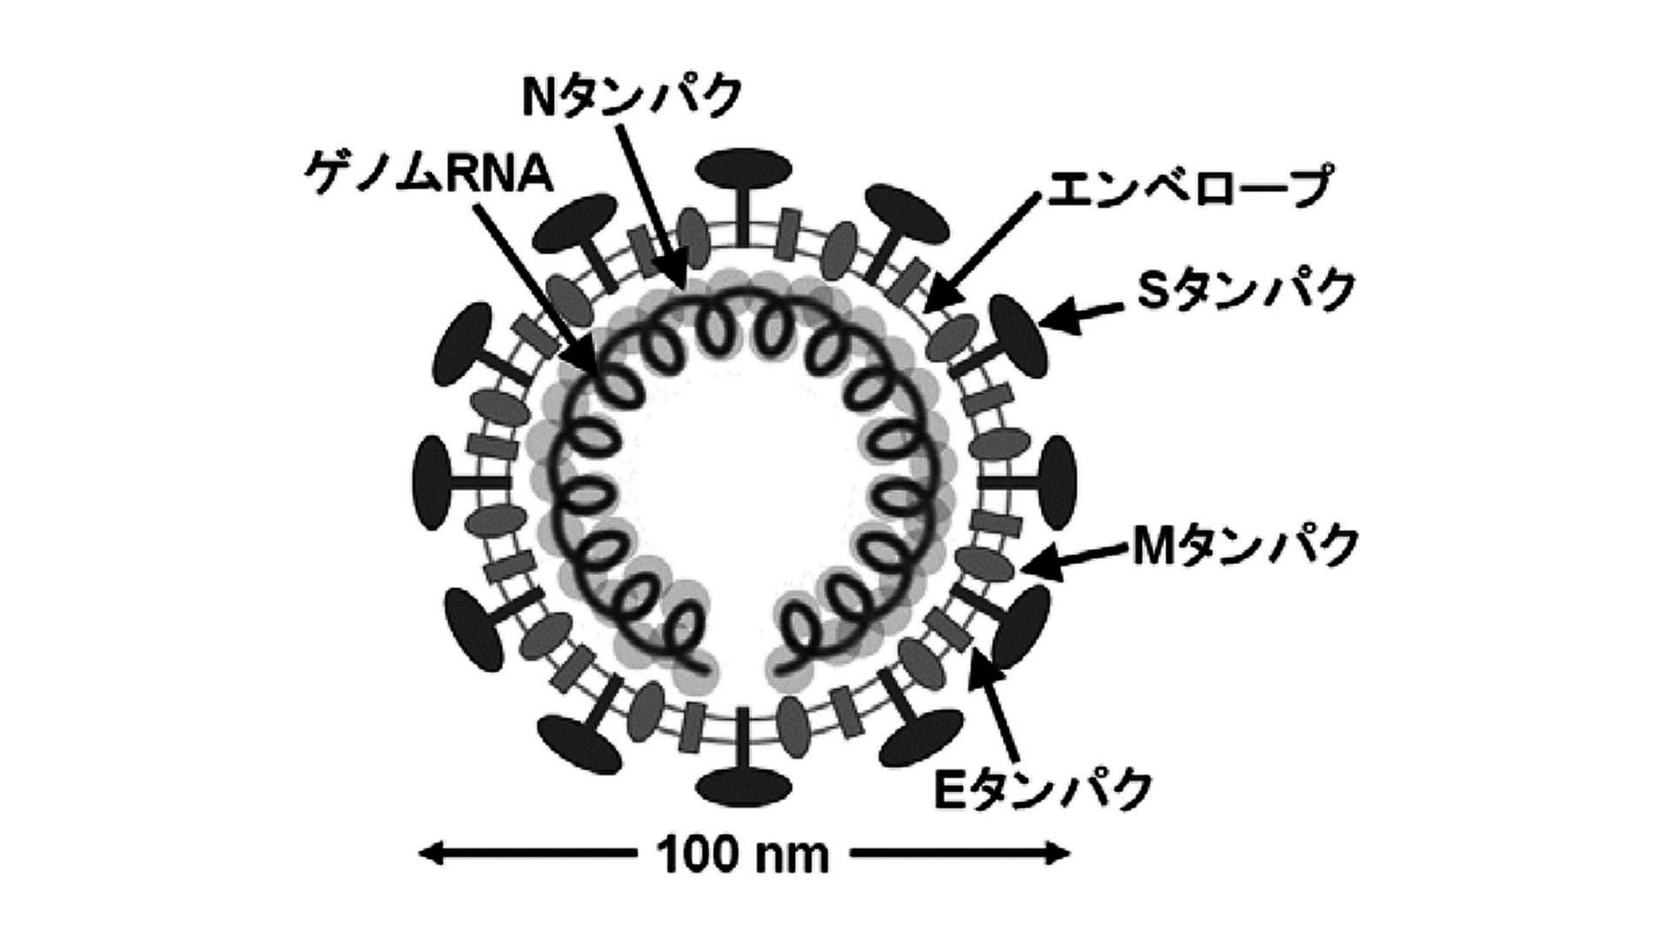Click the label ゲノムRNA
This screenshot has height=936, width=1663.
(428, 173)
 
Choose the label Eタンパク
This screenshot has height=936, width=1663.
(1043, 789)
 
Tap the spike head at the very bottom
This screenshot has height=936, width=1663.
(743, 787)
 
